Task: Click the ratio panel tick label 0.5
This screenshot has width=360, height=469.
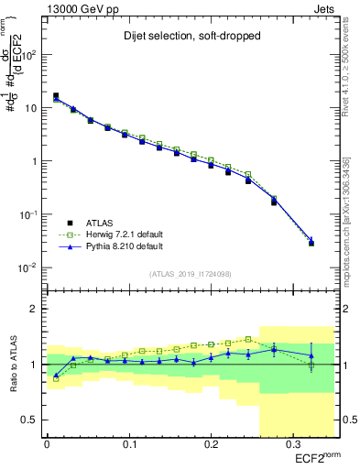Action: (28, 420)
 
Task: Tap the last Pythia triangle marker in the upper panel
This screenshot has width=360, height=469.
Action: (311, 240)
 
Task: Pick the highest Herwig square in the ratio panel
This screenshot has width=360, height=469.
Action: (248, 339)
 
